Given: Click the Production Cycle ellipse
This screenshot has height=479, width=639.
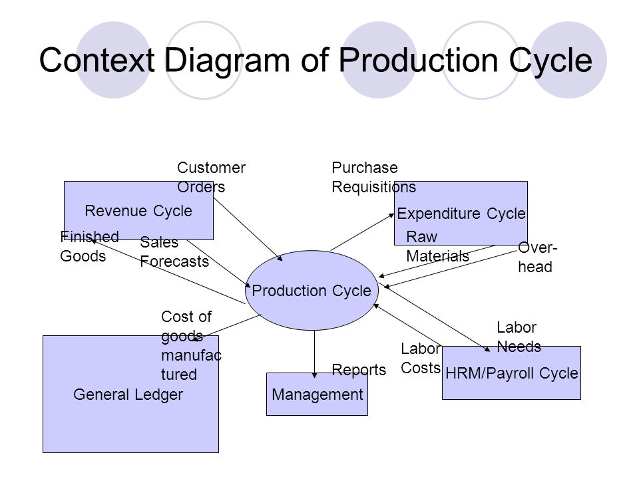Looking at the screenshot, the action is [x=312, y=290].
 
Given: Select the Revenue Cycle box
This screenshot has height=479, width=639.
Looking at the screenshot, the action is [x=138, y=211].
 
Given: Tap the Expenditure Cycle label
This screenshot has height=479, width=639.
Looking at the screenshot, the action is [x=461, y=214].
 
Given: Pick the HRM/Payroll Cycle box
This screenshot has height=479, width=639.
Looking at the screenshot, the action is [x=511, y=373].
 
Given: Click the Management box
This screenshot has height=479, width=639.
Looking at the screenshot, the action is [x=317, y=394].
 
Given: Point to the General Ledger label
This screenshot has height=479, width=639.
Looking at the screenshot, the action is [x=128, y=395].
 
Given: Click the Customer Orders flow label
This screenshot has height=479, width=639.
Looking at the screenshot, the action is [x=211, y=177].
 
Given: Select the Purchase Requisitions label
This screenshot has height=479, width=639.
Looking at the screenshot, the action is [x=373, y=177].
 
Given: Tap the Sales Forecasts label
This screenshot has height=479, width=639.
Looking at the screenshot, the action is [x=174, y=251].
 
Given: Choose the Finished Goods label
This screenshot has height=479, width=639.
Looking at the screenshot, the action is [x=89, y=246].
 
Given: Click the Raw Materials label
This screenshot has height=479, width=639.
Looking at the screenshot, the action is [x=438, y=246].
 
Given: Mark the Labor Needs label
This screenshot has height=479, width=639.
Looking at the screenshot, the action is [x=519, y=337].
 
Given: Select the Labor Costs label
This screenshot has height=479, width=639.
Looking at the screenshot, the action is [x=421, y=358].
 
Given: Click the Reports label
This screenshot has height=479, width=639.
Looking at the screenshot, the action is [x=359, y=370].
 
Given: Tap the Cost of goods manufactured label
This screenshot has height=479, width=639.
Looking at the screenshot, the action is [x=191, y=345].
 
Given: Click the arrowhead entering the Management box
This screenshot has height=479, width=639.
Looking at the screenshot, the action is [x=314, y=375].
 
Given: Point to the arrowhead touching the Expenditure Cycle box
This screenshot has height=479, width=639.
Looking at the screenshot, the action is [x=391, y=216].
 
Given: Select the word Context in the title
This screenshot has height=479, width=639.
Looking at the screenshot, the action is [x=97, y=60].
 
